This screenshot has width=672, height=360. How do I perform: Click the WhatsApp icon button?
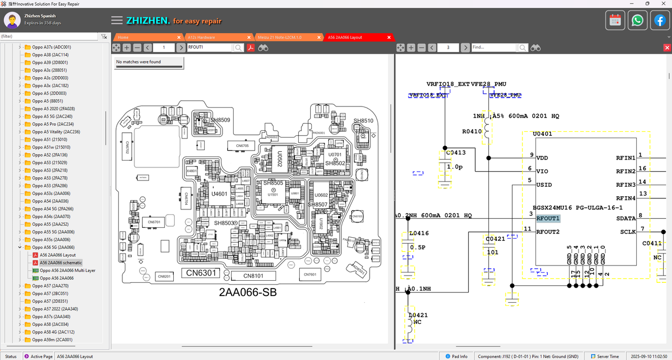(x=637, y=20)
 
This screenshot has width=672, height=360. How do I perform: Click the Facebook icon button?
(x=660, y=20)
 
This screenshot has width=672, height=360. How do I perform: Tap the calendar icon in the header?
(x=615, y=20)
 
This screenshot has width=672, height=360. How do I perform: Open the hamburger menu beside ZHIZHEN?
(x=117, y=20)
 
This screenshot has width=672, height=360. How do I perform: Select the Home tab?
(x=123, y=37)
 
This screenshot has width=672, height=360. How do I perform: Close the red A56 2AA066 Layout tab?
(x=389, y=37)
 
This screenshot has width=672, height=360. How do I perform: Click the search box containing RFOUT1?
(x=209, y=47)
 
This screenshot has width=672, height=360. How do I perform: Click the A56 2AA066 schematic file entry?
(x=61, y=262)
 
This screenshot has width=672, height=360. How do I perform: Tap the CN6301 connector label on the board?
(x=199, y=273)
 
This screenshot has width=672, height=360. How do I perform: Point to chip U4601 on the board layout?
(x=219, y=194)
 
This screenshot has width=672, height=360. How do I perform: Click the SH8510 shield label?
(x=363, y=121)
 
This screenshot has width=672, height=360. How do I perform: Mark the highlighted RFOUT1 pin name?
(x=548, y=218)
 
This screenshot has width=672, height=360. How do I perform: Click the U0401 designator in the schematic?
(x=542, y=134)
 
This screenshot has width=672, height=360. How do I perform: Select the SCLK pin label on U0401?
(x=628, y=232)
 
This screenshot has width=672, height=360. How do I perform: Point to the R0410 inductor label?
(x=472, y=131)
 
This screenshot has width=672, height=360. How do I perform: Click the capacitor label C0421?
(x=495, y=239)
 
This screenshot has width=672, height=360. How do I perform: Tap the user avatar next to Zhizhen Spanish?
(x=13, y=20)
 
